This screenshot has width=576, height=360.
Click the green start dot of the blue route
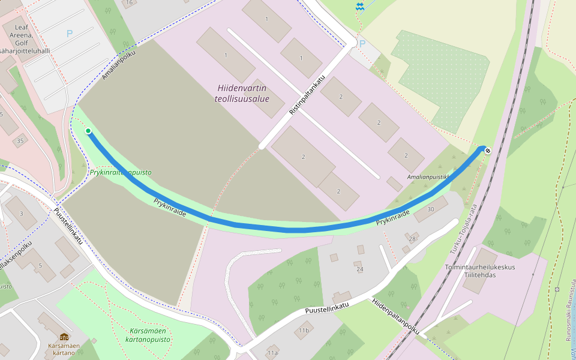[x=88, y=131]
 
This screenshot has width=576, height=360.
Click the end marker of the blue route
[x=487, y=149]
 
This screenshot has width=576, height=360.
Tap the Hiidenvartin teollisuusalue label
[x=242, y=94]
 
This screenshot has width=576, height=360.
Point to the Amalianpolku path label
[x=119, y=65]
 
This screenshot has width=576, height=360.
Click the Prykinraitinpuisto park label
[x=121, y=172]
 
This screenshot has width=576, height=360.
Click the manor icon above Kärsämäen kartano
[x=64, y=337]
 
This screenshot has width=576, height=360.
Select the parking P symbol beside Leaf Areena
[x=70, y=34]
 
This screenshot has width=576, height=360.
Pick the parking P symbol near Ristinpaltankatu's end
[x=361, y=43]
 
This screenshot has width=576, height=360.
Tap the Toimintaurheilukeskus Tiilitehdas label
[x=480, y=271]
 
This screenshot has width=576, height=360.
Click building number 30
[x=430, y=209]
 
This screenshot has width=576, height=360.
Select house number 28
[x=412, y=239]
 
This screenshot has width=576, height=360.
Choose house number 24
[x=359, y=269]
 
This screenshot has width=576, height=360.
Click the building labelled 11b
[x=304, y=330]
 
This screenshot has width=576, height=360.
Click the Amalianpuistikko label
[x=428, y=178]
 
